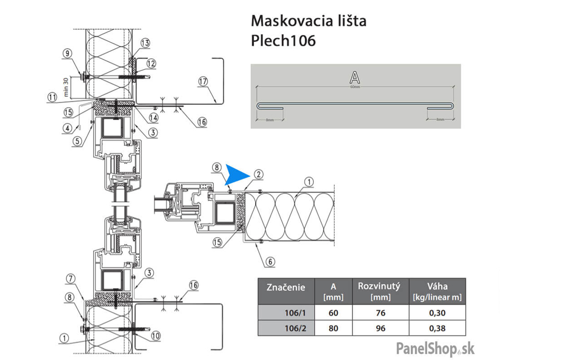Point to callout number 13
coord(146,43)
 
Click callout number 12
coord(151,64)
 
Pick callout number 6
coord(270,260)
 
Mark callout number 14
coord(153,117)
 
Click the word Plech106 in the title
coord(283,41)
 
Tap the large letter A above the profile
coord(355,78)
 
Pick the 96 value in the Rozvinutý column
coord(381,328)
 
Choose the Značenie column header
coord(286,288)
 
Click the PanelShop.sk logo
coord(435,348)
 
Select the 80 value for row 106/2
coord(333,328)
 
